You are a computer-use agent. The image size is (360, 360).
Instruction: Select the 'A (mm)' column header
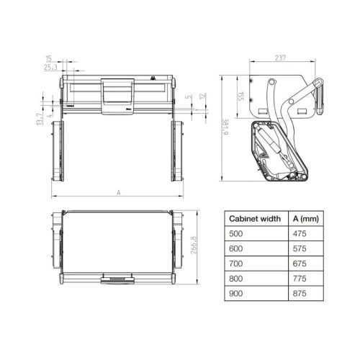(x=308, y=218)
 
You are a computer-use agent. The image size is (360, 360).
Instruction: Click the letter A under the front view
(x=117, y=192)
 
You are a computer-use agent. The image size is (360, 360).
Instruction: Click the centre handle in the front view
(x=117, y=95)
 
